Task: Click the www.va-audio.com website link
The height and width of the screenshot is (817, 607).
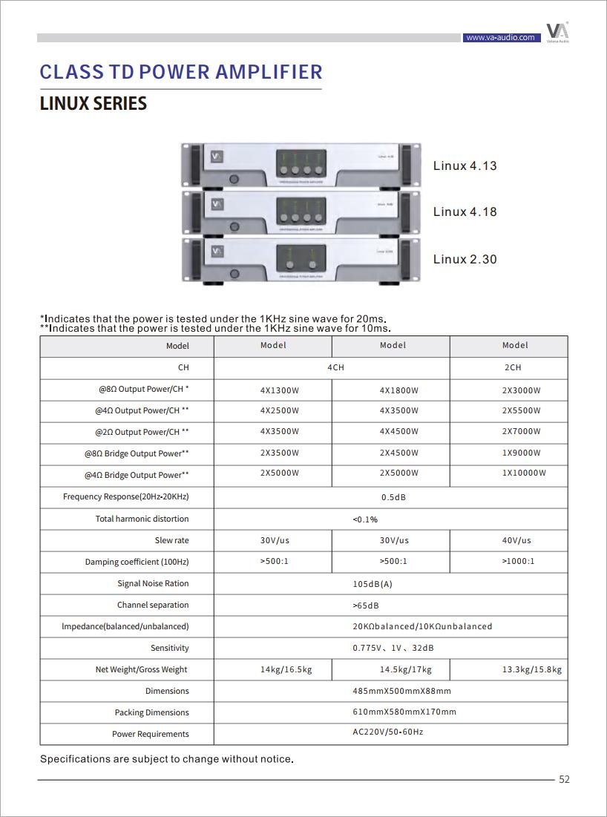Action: [x=499, y=37]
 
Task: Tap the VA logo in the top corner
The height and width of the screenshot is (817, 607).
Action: [x=557, y=32]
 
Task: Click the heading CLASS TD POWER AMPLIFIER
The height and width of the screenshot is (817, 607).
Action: [x=181, y=72]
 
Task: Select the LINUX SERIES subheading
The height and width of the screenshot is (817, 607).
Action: [x=93, y=104]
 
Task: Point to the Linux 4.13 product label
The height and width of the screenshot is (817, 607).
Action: [x=465, y=165]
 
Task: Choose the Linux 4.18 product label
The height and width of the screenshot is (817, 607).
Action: [x=465, y=211]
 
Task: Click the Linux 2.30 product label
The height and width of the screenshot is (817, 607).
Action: [x=465, y=259]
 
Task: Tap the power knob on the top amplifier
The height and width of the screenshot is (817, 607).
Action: [x=234, y=179]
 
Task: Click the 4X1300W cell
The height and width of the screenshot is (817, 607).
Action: [x=279, y=390]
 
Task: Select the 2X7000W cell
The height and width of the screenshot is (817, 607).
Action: [x=521, y=431]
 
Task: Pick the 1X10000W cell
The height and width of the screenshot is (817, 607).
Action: [x=524, y=473]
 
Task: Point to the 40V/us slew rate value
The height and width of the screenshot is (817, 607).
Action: [x=516, y=540]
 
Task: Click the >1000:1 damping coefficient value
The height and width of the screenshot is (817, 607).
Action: [x=518, y=561]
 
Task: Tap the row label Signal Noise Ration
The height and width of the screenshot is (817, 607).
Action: [x=153, y=583]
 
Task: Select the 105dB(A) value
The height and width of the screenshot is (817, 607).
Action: [x=372, y=584]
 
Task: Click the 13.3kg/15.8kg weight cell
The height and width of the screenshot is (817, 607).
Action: [x=531, y=669]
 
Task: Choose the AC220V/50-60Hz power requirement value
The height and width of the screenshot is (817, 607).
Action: [x=387, y=732]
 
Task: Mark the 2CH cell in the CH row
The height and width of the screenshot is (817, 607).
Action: [x=513, y=367]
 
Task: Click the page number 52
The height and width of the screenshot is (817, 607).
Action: [x=564, y=779]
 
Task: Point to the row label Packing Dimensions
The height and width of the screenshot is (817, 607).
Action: [x=151, y=712]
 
